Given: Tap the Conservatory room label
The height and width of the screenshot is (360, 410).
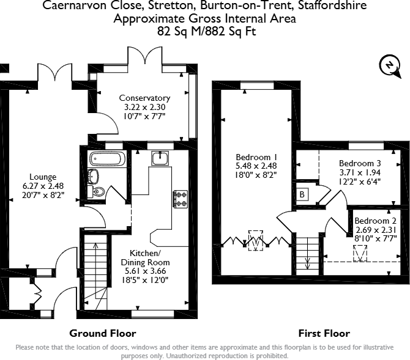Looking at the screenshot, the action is (x=144, y=98).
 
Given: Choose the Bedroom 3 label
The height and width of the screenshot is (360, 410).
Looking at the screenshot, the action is (x=360, y=164).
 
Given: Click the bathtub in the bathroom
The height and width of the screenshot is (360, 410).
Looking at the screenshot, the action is (x=107, y=160).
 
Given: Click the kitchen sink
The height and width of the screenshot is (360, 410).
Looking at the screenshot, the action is (x=160, y=157).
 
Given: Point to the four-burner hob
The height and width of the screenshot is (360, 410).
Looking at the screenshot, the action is (x=181, y=199).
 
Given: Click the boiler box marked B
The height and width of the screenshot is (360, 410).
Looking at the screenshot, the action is (x=302, y=194).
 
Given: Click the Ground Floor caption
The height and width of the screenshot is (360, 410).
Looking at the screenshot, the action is (x=102, y=333).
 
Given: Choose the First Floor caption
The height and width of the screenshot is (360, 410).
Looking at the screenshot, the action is (x=324, y=333).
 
